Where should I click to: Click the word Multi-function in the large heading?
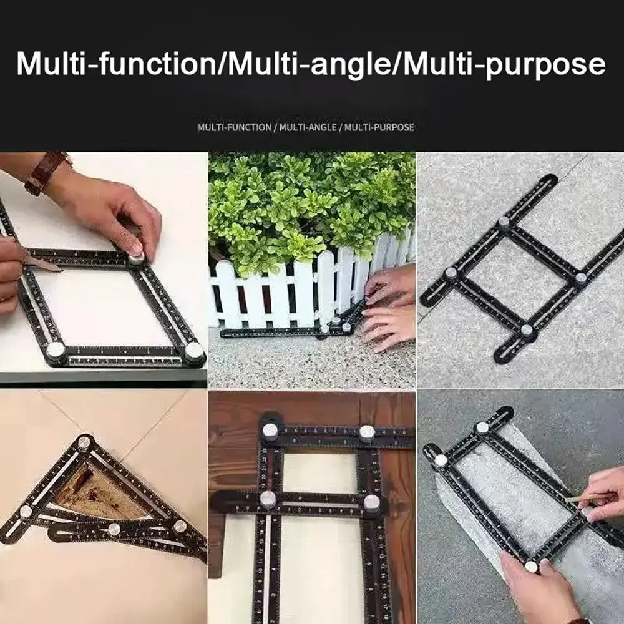pyautogui.click(x=116, y=63)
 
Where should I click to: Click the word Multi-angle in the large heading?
pyautogui.click(x=310, y=63)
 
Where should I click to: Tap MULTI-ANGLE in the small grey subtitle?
pyautogui.click(x=308, y=127)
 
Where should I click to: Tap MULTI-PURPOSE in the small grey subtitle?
pyautogui.click(x=379, y=127)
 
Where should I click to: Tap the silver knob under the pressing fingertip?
pyautogui.click(x=136, y=258)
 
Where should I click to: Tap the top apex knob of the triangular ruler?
pyautogui.click(x=84, y=442)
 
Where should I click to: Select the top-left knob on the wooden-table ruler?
pyautogui.click(x=270, y=431)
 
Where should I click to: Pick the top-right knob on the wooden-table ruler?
pyautogui.click(x=367, y=433)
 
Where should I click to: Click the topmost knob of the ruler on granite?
pyautogui.click(x=504, y=222)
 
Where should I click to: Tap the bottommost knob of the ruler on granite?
pyautogui.click(x=527, y=330)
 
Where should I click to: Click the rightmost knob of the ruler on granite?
pyautogui.click(x=580, y=278)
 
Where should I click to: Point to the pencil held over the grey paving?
pyautogui.click(x=585, y=498)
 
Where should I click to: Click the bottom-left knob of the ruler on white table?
pyautogui.click(x=56, y=350)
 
